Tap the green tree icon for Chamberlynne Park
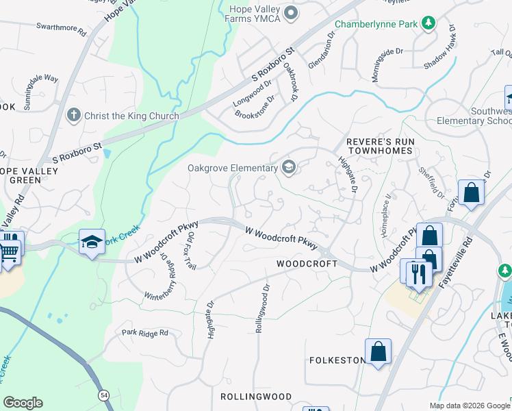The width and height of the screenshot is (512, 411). coord(428,24)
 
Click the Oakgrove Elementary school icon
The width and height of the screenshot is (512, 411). coord(289,167)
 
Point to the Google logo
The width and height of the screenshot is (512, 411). coord(23,403)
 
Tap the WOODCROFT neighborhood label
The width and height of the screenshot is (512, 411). coord(307,264)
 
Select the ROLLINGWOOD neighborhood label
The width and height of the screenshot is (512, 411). coord(256,397)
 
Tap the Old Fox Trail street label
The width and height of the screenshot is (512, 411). coord(192,251)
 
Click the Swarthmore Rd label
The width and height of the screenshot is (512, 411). coord(61,32)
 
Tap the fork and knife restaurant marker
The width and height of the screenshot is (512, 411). coord(418,273)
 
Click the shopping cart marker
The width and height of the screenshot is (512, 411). coord(8,251)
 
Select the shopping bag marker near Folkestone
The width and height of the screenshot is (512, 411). coord(378,352)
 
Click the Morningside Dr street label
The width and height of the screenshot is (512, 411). coord(387,65)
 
